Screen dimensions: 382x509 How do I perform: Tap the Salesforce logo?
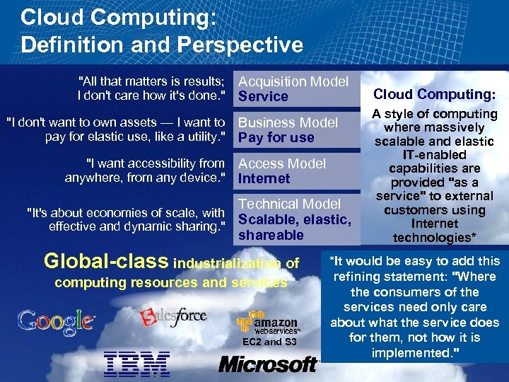pyautogui.click(x=175, y=317)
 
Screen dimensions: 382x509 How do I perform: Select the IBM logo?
pyautogui.click(x=136, y=363)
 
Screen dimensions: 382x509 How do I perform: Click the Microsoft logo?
pyautogui.click(x=269, y=364)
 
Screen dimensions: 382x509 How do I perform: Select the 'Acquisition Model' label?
pyautogui.click(x=293, y=81)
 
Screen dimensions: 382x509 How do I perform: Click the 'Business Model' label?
pyautogui.click(x=288, y=122)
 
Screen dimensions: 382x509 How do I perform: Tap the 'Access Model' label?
pyautogui.click(x=282, y=163)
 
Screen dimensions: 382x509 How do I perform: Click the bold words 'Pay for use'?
pyautogui.click(x=276, y=137)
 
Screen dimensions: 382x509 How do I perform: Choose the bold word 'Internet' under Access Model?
pyautogui.click(x=264, y=178)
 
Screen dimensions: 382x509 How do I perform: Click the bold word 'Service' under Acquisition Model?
pyautogui.click(x=264, y=96)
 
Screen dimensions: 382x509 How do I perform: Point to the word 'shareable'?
pyautogui.click(x=271, y=235)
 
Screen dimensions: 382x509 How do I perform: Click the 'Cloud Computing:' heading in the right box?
pyautogui.click(x=435, y=94)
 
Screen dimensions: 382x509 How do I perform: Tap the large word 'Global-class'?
pyautogui.click(x=106, y=261)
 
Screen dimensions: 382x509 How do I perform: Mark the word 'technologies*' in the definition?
pyautogui.click(x=435, y=238)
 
